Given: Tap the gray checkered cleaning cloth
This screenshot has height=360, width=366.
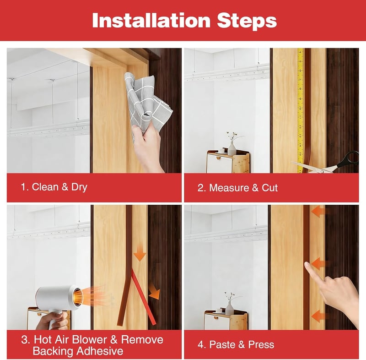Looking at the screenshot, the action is pos(147,104).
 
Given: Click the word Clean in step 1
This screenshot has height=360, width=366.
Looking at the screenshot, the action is pos(45,187).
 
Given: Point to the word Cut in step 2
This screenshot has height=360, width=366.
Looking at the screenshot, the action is pos(269,188).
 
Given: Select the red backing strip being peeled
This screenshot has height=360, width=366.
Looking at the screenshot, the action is pos(143,297).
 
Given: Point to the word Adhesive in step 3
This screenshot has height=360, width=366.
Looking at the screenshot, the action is pos(100,351).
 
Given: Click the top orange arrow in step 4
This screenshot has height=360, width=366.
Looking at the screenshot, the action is pos(318,212).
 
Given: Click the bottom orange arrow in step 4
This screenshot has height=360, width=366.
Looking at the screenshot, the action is pos(318,316).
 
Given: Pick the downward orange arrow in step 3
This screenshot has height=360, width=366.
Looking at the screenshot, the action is pos(140,254).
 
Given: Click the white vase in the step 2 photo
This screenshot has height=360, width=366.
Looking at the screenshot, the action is pos(232,149).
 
